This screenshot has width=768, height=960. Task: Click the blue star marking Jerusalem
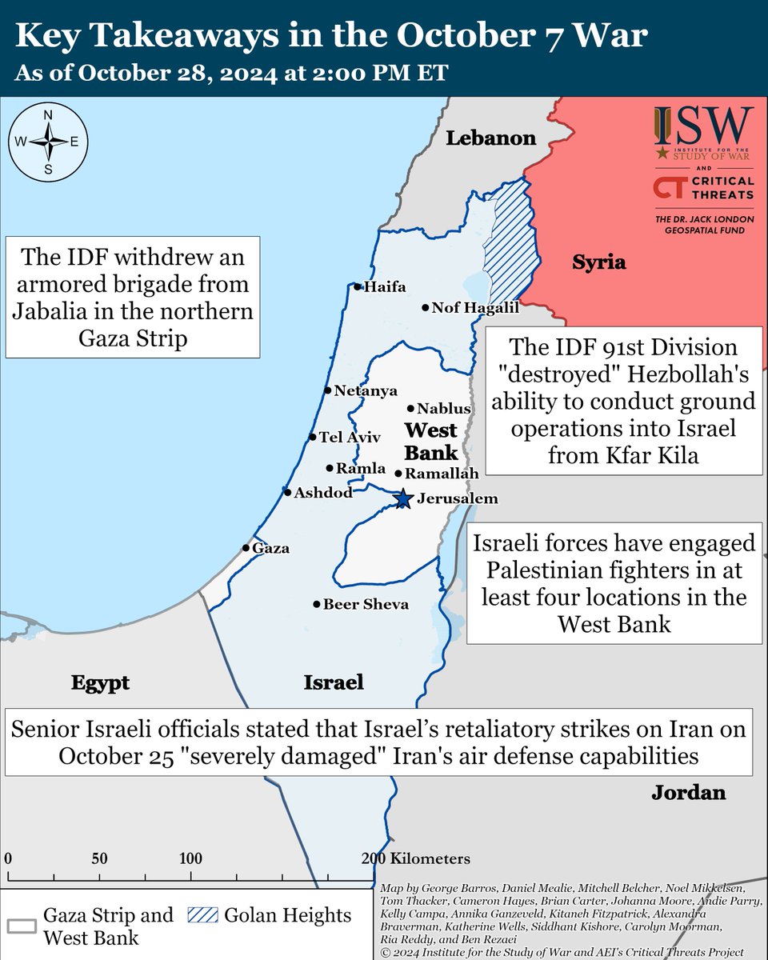coord(402,499)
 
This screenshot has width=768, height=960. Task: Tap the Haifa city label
coord(384,287)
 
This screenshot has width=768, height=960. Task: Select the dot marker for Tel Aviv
coord(313,438)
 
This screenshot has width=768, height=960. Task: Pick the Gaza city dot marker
coord(246,548)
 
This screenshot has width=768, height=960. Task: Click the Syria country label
coord(598,262)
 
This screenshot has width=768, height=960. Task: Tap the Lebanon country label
coord(490,138)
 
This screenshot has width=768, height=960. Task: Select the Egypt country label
coord(100,683)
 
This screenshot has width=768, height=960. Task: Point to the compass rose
coord(47,142)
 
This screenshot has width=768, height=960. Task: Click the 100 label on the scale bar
coord(190,859)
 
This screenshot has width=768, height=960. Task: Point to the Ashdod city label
coord(322,493)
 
